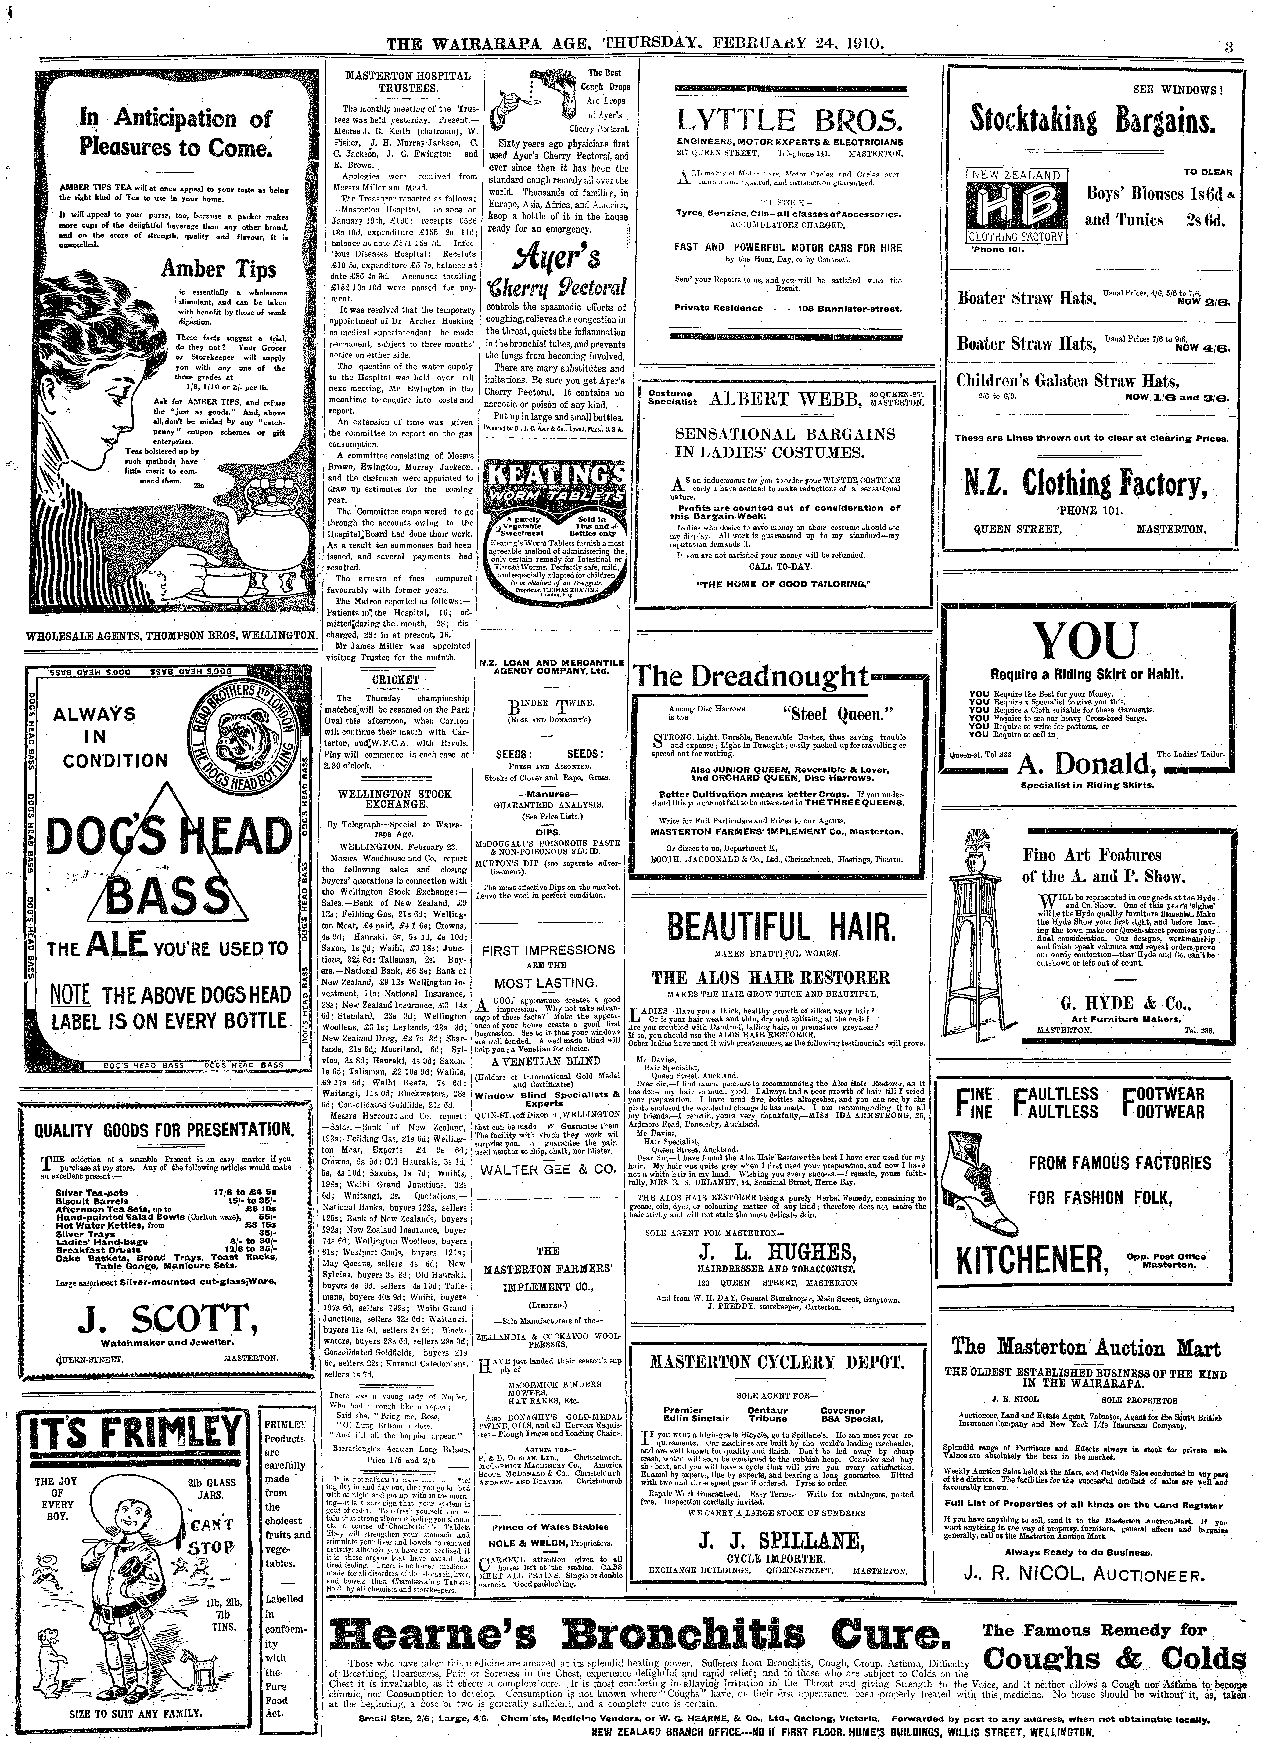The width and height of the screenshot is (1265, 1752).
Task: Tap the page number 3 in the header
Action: coord(1228,46)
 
